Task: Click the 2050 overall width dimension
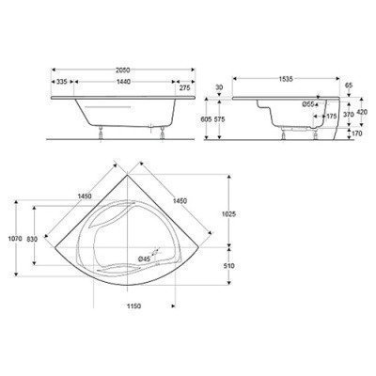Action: pos(123,70)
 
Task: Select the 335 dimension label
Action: pos(62,82)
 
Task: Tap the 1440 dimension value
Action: pos(123,82)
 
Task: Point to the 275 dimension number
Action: pos(184,88)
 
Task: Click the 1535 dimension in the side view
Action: pos(286,79)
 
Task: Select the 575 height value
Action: pos(219,119)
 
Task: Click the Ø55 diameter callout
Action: pos(308,104)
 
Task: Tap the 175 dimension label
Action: pos(331,117)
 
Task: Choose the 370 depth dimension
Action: pos(349,115)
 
